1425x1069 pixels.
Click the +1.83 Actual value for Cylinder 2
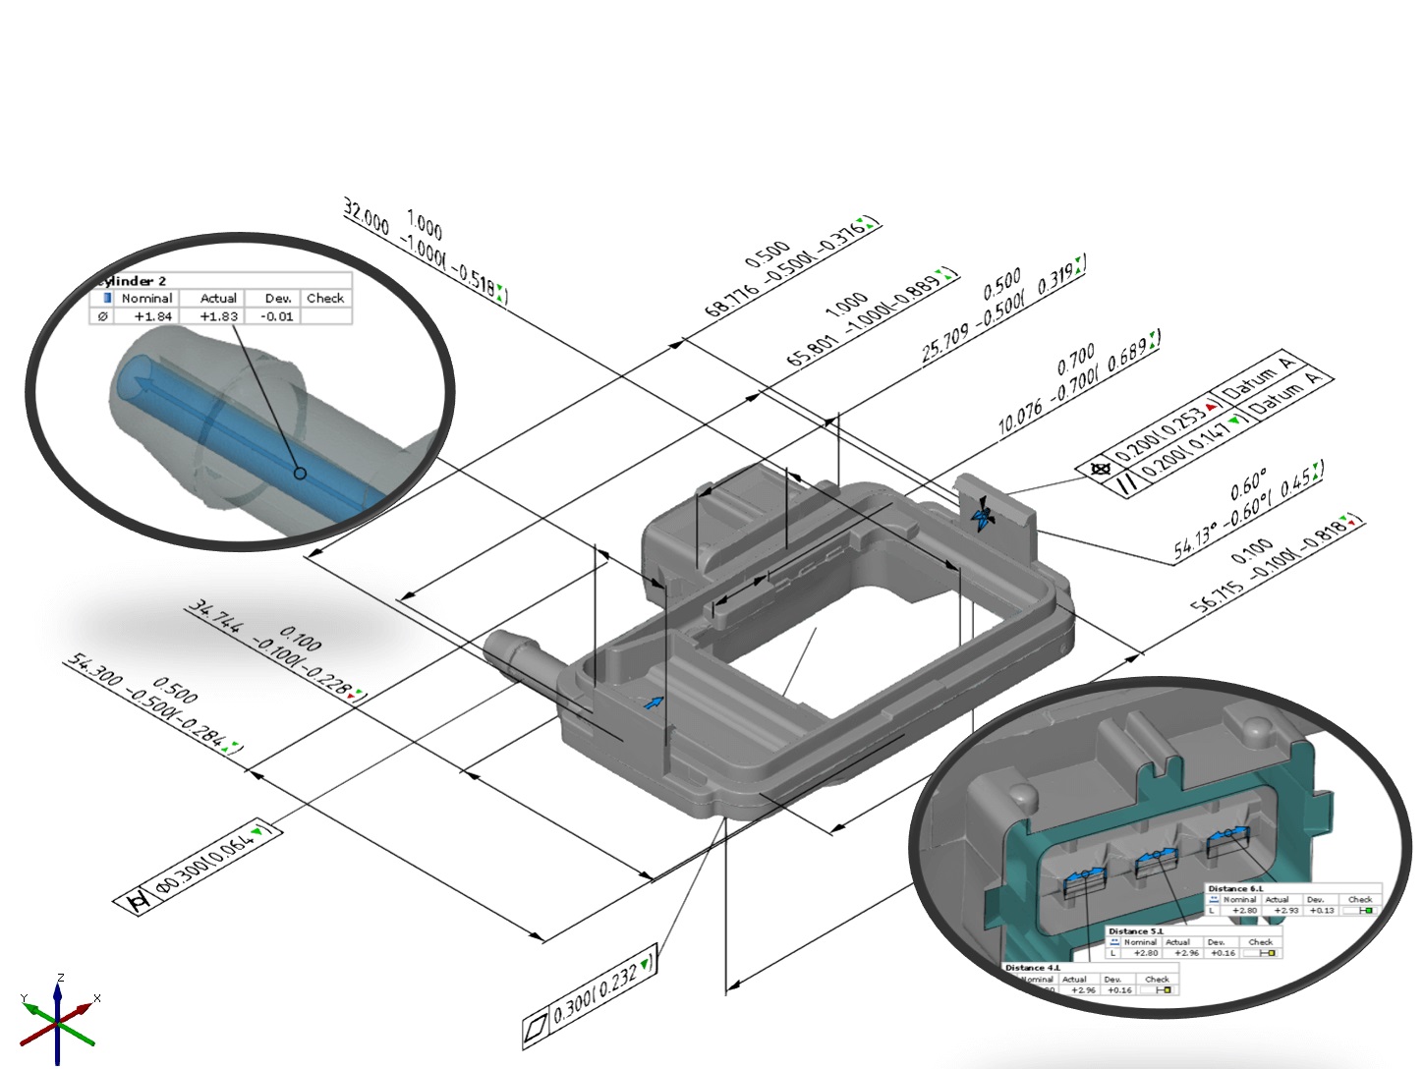218,316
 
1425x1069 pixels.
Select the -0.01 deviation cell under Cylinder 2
277,316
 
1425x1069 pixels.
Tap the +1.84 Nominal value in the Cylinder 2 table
152,316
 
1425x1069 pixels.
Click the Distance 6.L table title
1235,888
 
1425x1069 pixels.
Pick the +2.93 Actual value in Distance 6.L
1285,911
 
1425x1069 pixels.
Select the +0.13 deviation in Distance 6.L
1321,911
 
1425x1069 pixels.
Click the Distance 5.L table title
1135,931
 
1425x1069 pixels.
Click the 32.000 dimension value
366,214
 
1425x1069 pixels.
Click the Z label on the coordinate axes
61,978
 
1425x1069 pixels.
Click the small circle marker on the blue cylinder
301,474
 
